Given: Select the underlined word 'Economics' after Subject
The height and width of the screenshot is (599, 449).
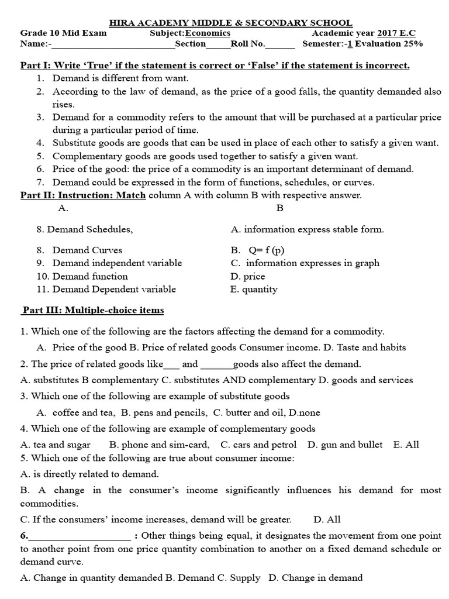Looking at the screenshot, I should tap(208, 33).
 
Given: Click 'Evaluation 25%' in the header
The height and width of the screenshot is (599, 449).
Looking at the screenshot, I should tap(390, 44).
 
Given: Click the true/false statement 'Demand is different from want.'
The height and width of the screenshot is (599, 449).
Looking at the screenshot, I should tap(121, 77).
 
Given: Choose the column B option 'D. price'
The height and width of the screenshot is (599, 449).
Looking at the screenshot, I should tap(248, 276).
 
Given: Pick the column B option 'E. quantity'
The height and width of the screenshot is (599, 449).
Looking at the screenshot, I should tap(254, 289).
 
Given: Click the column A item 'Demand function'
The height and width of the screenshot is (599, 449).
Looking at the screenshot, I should tap(90, 276).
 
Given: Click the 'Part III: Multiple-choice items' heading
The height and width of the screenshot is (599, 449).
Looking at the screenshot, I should tap(94, 310).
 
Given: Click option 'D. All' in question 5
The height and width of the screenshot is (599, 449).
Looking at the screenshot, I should tap(327, 519).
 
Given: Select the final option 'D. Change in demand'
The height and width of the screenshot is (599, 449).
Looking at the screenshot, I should tap(316, 578).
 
